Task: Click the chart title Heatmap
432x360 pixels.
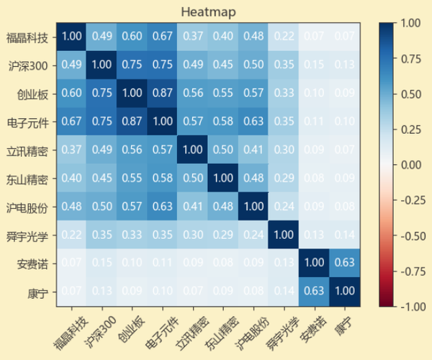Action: click(209, 12)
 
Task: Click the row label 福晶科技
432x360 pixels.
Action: click(28, 37)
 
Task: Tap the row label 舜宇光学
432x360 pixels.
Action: click(28, 235)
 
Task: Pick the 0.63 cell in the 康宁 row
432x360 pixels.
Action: click(314, 292)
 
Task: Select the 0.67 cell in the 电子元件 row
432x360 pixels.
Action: click(72, 122)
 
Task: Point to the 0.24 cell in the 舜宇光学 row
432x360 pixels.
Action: click(253, 235)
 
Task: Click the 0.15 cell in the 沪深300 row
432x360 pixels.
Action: click(314, 65)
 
